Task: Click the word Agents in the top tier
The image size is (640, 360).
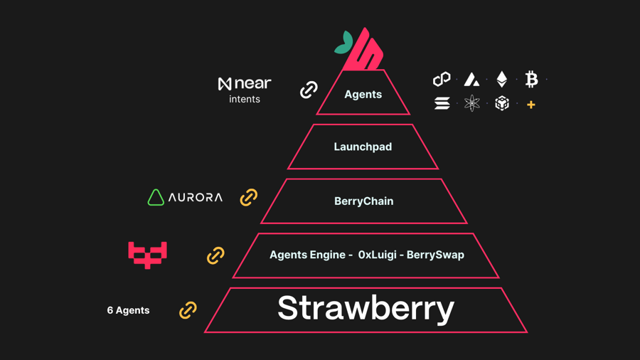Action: [363, 94]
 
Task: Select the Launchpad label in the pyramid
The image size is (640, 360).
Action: [363, 147]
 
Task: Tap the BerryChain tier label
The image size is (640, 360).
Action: [363, 201]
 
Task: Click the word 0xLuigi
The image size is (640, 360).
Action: [377, 255]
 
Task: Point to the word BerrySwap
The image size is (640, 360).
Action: [435, 255]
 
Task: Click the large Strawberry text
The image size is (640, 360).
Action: [366, 308]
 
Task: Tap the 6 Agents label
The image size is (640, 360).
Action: [128, 310]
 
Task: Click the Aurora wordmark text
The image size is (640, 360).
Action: [196, 198]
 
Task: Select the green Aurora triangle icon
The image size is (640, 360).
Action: [156, 197]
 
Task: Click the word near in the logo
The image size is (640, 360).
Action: [252, 84]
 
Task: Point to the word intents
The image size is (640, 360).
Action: [245, 100]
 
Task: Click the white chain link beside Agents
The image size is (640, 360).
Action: [309, 90]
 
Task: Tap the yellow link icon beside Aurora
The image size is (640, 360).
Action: [248, 197]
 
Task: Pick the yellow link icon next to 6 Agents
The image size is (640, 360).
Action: [188, 310]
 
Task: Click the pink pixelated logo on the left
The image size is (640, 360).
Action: [147, 254]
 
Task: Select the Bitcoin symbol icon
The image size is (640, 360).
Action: [531, 79]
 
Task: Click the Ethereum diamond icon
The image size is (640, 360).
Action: [502, 79]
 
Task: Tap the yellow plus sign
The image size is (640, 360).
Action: [530, 105]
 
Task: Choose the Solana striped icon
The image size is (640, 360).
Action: [442, 104]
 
